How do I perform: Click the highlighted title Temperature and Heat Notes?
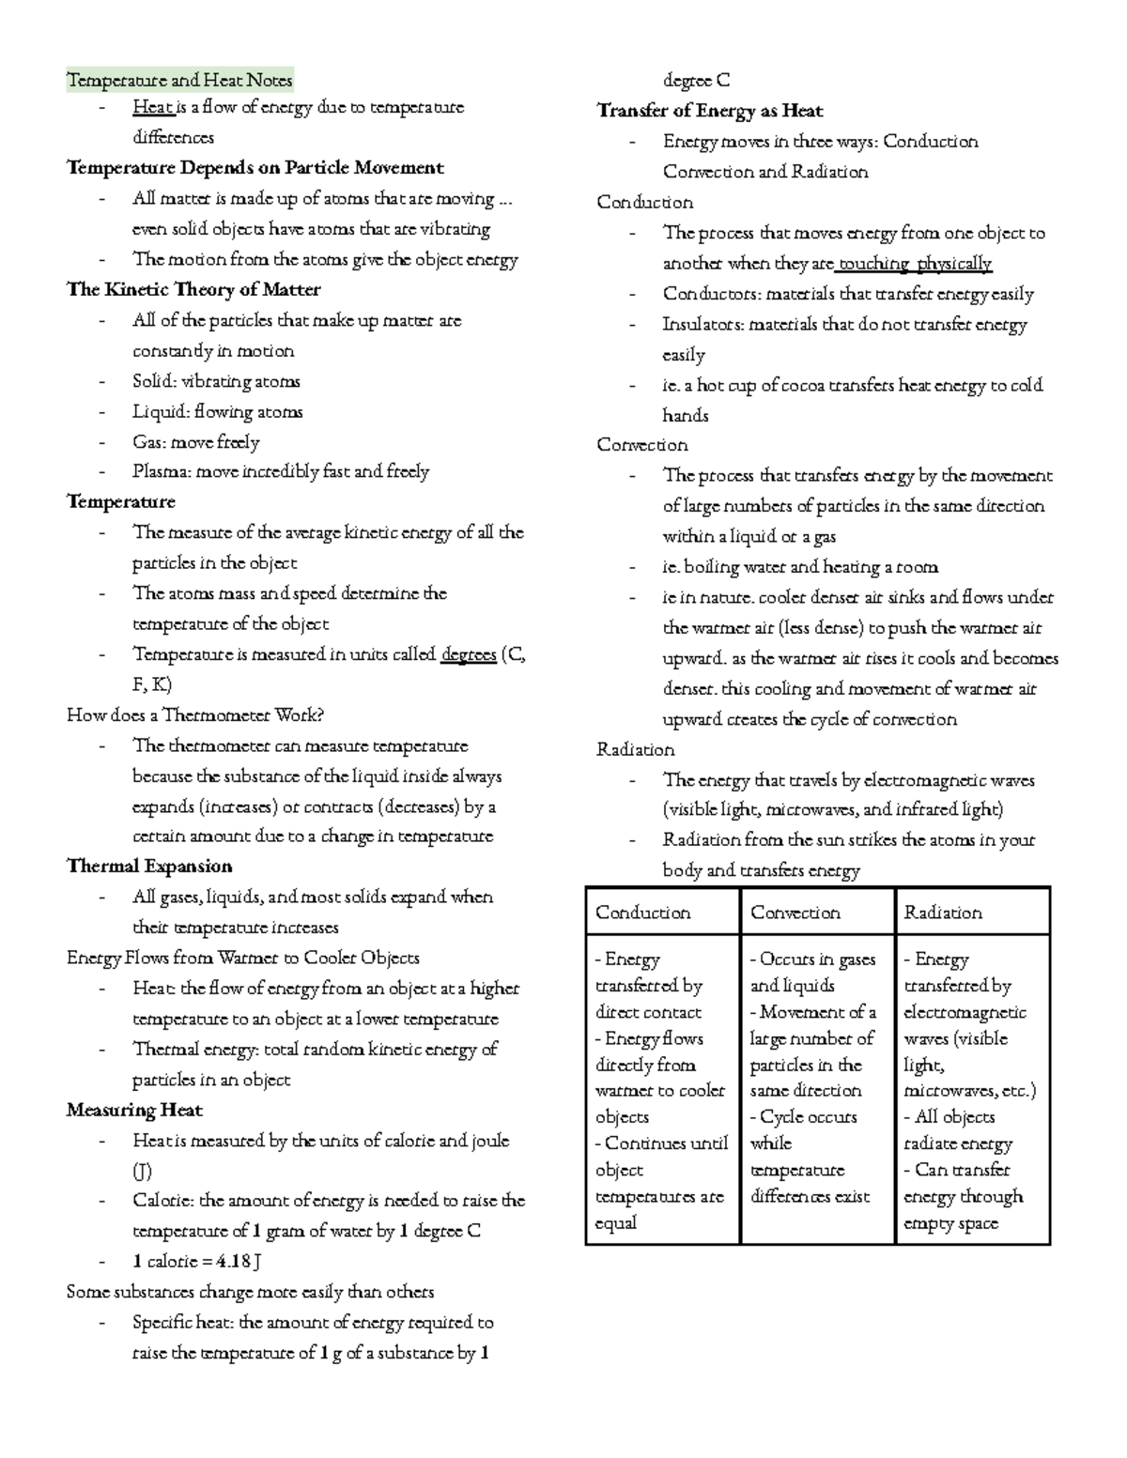click(x=179, y=80)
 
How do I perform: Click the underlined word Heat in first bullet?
click(x=152, y=107)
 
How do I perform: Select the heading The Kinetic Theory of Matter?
click(x=193, y=289)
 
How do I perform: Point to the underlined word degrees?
click(x=468, y=654)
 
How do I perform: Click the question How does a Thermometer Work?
click(x=195, y=715)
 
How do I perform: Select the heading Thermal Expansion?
click(x=149, y=866)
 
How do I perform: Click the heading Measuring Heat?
click(x=134, y=1110)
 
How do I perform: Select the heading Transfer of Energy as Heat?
click(x=709, y=111)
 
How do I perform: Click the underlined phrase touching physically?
click(x=915, y=263)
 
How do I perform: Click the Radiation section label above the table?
click(x=635, y=749)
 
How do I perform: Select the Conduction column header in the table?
click(x=642, y=912)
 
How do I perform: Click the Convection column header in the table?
click(x=795, y=912)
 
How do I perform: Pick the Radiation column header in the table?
click(x=942, y=912)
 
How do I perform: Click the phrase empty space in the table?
click(x=950, y=1223)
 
